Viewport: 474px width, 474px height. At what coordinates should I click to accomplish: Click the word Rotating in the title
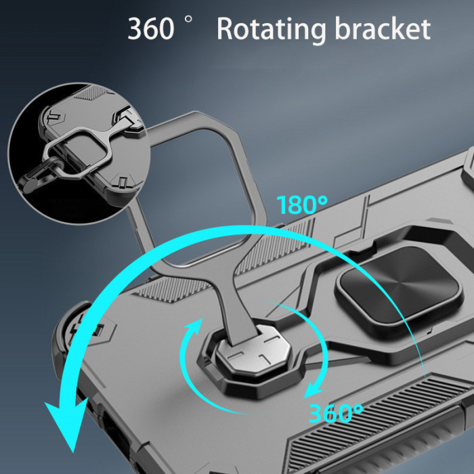coord(271,29)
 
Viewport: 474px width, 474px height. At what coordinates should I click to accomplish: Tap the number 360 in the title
coord(150,28)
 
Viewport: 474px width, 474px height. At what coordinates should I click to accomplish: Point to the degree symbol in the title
coord(188,20)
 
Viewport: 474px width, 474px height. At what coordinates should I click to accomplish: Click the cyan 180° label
coord(302,205)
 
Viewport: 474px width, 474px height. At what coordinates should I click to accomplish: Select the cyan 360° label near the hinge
coord(336,413)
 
